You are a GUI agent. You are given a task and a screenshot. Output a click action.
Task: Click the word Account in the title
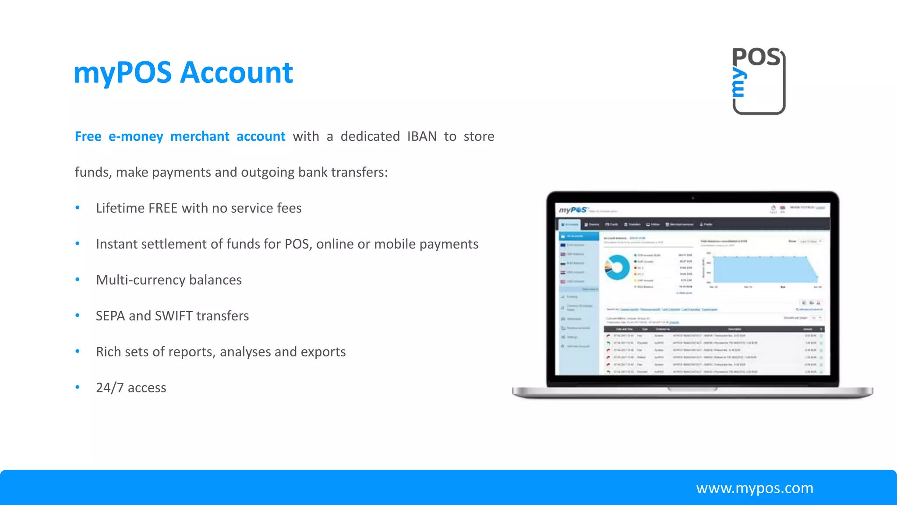237,73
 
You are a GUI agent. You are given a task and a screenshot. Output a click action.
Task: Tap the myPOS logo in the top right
759,81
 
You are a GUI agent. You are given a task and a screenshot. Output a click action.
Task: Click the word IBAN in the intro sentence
422,136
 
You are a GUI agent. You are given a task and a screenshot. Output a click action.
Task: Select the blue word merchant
200,136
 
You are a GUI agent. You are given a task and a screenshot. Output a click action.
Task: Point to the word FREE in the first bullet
163,208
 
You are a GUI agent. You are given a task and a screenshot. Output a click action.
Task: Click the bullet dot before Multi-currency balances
78,280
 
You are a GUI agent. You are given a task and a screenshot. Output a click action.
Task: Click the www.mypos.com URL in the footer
755,488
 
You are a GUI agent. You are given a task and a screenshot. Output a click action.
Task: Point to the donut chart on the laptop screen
617,267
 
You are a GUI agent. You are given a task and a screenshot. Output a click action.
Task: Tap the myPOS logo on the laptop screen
573,210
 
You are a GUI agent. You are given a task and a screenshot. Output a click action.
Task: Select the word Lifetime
120,208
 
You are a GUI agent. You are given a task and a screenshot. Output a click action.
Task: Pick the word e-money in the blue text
136,136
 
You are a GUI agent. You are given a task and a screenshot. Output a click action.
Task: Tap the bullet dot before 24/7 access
78,388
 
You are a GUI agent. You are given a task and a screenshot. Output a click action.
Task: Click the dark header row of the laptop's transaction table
714,329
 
